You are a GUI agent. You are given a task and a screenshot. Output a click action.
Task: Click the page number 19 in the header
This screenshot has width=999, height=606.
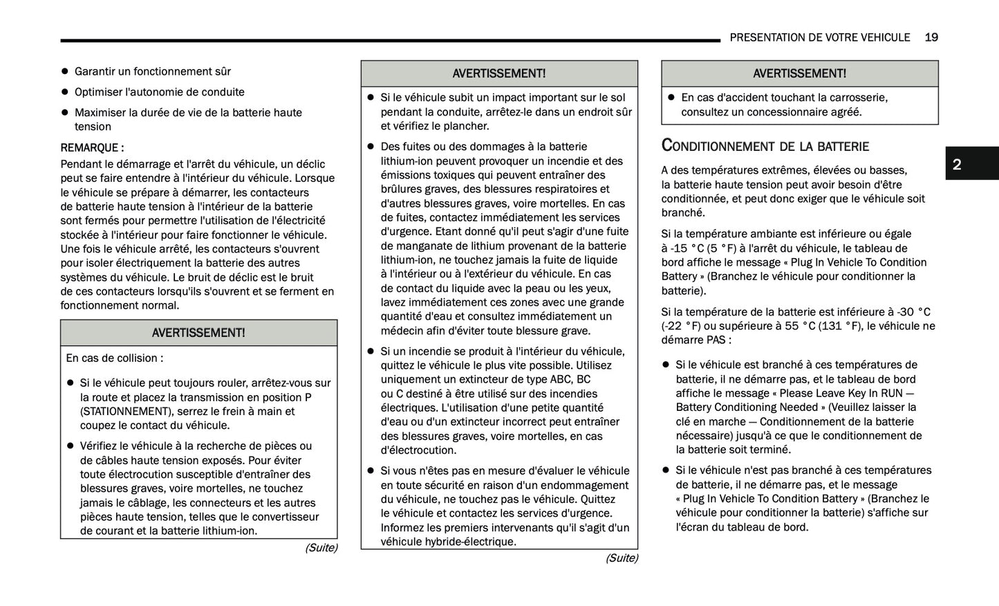tap(931, 37)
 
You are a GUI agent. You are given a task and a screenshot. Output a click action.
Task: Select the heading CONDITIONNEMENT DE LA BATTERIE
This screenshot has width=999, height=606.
tap(765, 145)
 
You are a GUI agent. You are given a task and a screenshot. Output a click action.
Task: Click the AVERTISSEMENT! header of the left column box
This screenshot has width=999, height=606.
tap(198, 333)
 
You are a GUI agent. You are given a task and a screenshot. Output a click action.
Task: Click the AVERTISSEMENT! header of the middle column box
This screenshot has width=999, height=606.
tap(498, 73)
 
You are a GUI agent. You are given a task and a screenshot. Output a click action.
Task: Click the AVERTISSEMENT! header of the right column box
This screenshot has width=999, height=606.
tap(799, 73)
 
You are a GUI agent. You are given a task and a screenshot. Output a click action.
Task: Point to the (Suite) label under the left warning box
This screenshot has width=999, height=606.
tap(321, 548)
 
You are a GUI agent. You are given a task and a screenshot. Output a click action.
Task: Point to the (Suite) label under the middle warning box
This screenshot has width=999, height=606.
tap(622, 558)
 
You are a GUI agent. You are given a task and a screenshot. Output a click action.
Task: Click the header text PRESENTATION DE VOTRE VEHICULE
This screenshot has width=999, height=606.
tap(819, 37)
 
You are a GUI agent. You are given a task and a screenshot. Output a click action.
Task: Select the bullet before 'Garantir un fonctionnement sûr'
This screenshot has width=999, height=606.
tap(65, 71)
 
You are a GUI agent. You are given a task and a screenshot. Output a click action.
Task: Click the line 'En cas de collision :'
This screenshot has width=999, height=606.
tap(115, 358)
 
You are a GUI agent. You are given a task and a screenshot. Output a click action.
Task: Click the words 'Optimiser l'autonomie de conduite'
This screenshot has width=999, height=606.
tap(159, 92)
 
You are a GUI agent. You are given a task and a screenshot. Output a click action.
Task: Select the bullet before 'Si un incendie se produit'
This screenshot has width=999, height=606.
tap(371, 351)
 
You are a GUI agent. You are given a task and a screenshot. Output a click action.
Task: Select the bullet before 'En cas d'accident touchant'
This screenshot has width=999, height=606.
tap(671, 98)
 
